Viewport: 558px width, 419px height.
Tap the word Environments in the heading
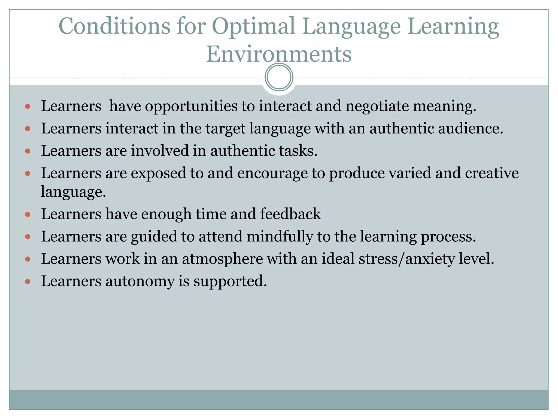[x=279, y=54]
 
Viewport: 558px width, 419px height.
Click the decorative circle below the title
[x=279, y=77]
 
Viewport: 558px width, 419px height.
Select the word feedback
[x=290, y=214]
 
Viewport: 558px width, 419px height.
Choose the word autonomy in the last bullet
[x=140, y=281]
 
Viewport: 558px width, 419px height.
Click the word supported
[x=230, y=281]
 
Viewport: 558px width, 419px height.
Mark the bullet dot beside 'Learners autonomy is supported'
[x=28, y=281]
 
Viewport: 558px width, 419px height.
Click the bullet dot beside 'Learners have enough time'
[x=28, y=214]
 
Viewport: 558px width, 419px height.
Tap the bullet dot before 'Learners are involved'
[x=28, y=151]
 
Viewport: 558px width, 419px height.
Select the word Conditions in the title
[x=114, y=26]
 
